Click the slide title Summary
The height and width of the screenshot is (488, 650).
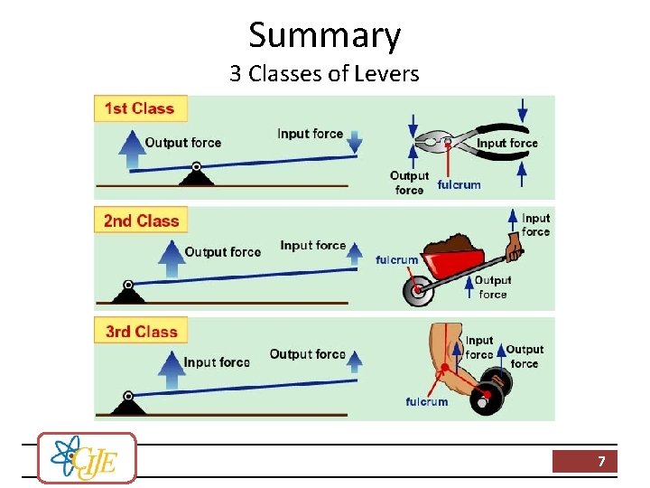(324, 35)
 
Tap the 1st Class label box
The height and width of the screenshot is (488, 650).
(140, 108)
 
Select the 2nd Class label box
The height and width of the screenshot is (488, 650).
(141, 221)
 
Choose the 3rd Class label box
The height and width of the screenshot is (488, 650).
(142, 332)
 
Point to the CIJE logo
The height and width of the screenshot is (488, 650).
(88, 457)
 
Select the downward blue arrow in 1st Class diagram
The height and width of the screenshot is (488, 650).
(354, 141)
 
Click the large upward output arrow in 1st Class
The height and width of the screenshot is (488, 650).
(133, 148)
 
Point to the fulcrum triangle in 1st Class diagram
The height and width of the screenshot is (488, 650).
(197, 174)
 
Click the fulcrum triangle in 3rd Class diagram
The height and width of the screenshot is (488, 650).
(127, 404)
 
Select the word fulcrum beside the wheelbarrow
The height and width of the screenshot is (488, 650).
(397, 260)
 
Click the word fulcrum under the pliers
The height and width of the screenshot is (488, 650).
(459, 185)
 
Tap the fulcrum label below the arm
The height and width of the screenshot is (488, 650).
(426, 402)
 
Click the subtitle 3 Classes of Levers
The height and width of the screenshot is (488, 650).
(324, 74)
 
